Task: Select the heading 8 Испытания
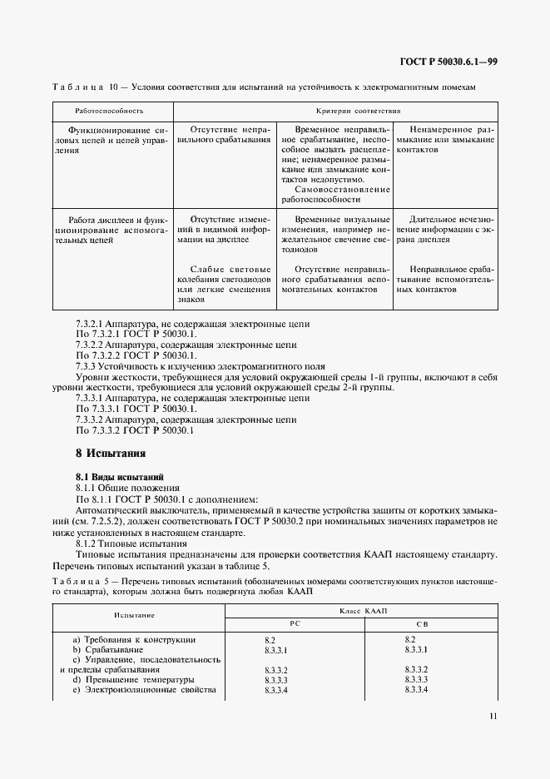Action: click(111, 454)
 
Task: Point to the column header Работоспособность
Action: click(109, 110)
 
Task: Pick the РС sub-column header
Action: click(293, 623)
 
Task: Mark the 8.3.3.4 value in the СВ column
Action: click(416, 690)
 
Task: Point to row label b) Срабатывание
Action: click(113, 649)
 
